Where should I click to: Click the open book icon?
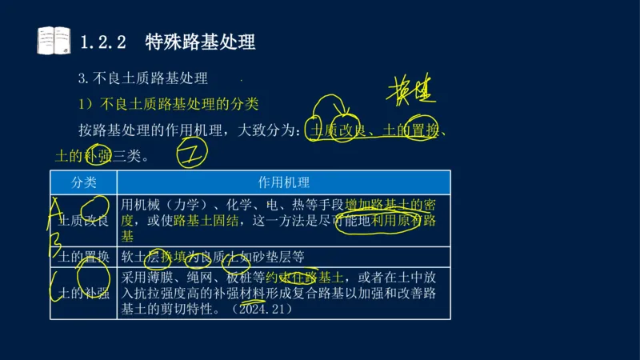pos(54,41)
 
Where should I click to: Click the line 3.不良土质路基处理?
pos(142,78)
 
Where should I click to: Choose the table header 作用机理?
pos(283,182)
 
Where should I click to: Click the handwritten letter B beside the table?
pos(55,241)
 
